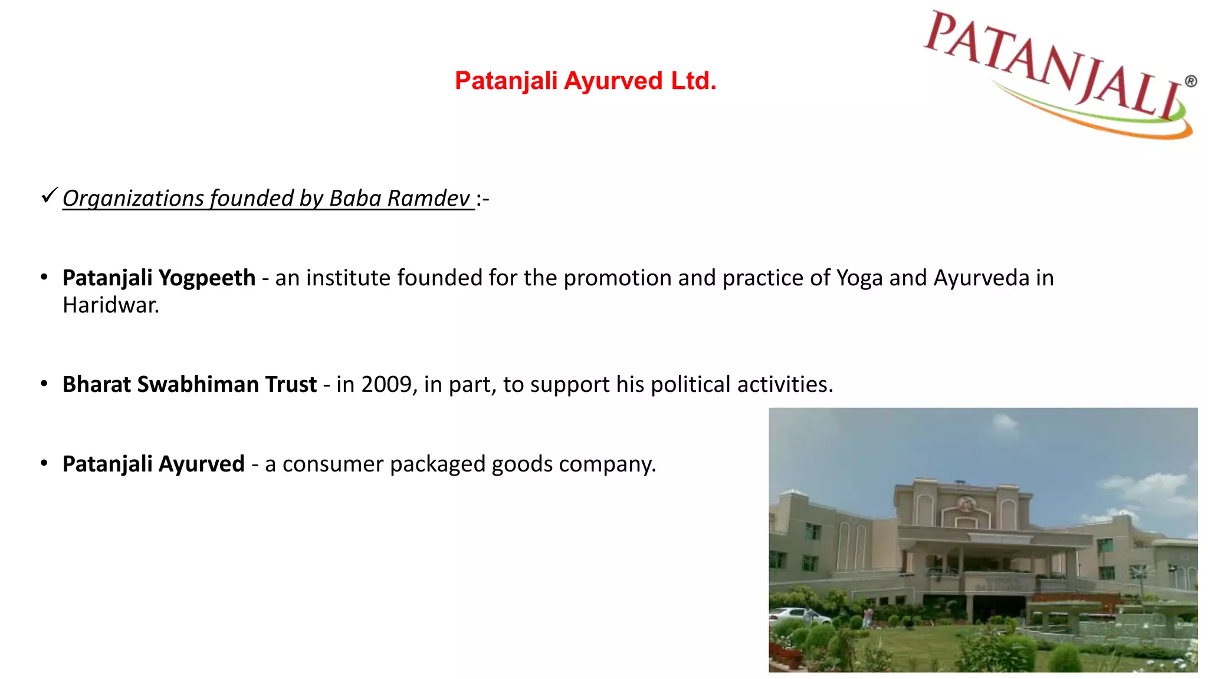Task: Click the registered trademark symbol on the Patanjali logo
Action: click(1191, 81)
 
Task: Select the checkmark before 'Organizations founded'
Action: click(50, 195)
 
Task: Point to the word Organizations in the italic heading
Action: click(133, 199)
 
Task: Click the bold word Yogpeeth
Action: click(207, 278)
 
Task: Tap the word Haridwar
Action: click(111, 305)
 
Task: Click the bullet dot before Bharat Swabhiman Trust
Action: click(44, 384)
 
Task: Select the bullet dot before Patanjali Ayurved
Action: click(44, 463)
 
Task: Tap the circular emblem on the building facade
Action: click(965, 504)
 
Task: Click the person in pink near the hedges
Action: click(868, 617)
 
